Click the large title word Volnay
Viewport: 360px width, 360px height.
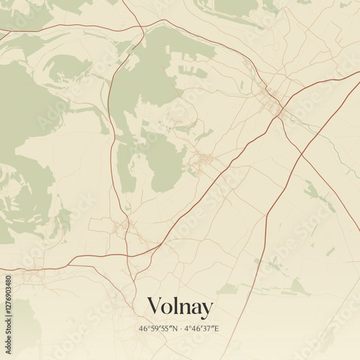coord(180,307)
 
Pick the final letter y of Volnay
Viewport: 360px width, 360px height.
coord(207,310)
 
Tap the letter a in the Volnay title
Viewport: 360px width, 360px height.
coord(196,309)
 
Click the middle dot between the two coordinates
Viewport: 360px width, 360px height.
coord(181,329)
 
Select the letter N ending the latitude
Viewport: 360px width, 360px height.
coord(174,329)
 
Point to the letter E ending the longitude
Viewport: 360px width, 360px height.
coord(217,329)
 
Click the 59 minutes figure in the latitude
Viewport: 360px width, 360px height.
coord(153,329)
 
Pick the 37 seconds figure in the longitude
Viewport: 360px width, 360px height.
coord(208,329)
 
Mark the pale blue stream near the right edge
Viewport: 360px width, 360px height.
coord(338,155)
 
